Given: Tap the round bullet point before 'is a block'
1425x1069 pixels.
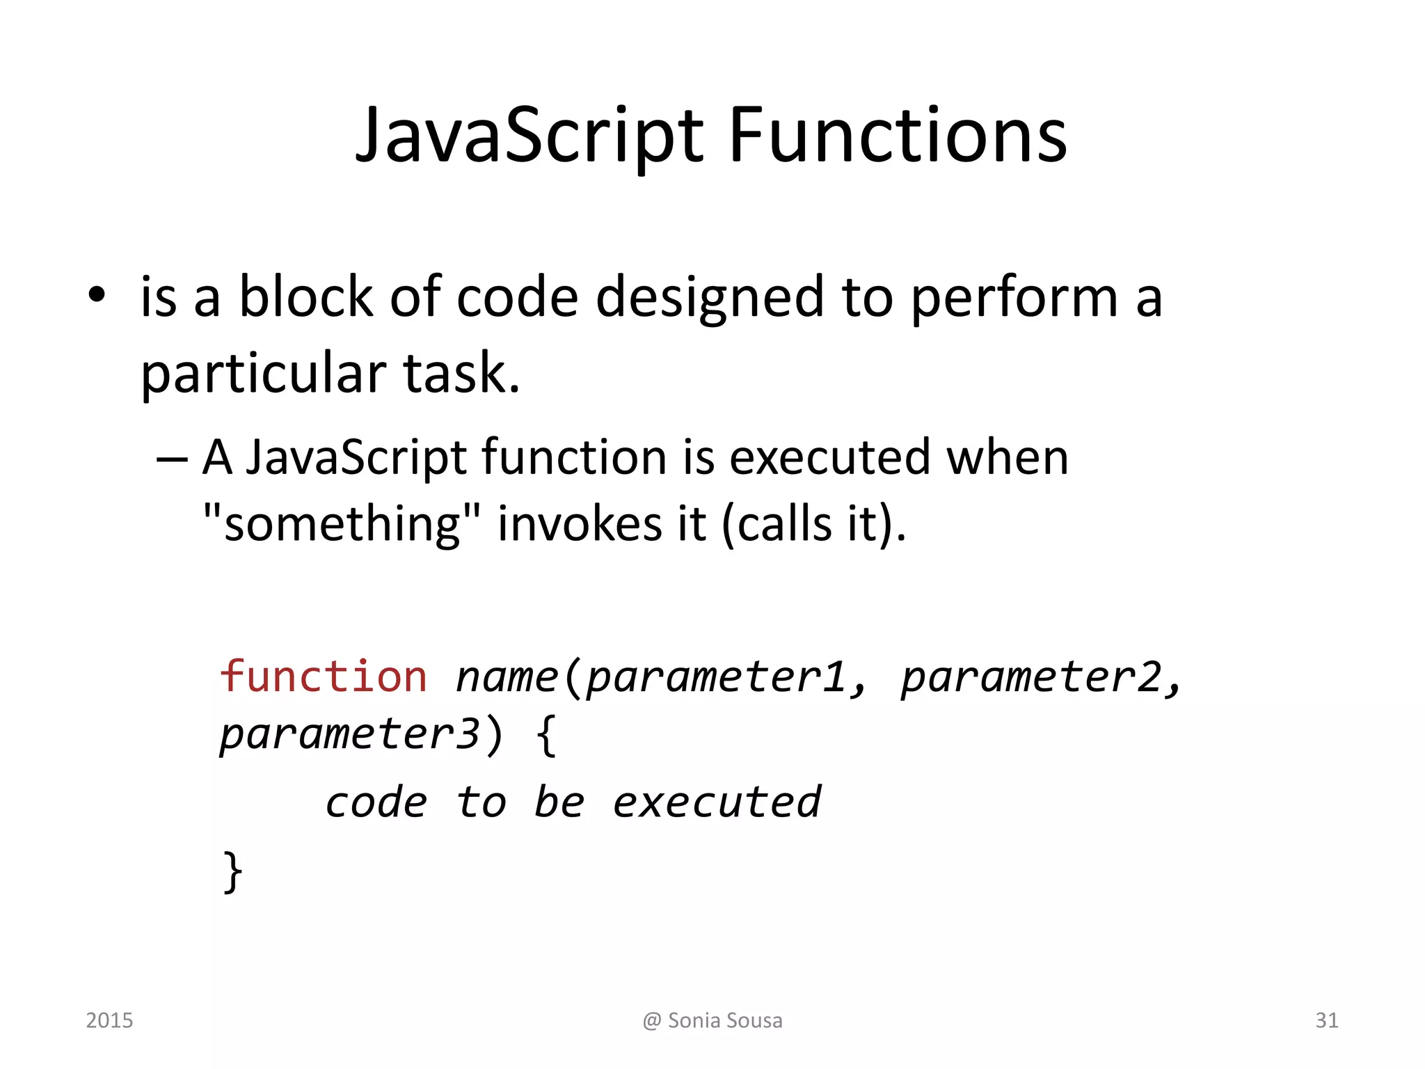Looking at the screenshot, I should tap(97, 295).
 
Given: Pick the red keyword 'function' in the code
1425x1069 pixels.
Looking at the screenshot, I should tap(324, 677).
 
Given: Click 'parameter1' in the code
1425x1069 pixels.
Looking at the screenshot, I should tap(716, 677).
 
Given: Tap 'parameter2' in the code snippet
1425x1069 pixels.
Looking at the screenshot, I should tap(1030, 677).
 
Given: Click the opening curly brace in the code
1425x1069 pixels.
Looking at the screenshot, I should tap(547, 736).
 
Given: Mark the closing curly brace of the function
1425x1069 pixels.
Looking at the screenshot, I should tap(232, 871).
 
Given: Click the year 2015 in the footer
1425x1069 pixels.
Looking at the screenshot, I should tap(109, 1020).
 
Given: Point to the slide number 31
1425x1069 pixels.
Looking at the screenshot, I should tap(1326, 1020).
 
